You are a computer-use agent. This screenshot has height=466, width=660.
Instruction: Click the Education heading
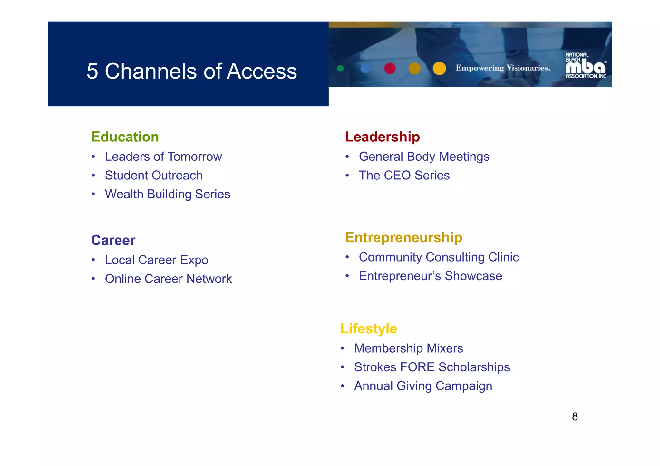[125, 137]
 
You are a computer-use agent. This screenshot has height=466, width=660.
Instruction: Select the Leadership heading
[382, 137]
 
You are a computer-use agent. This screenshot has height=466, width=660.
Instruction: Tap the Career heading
[113, 240]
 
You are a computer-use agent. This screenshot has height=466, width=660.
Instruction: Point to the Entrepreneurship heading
[403, 238]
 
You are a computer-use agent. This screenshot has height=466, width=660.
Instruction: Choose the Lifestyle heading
[369, 329]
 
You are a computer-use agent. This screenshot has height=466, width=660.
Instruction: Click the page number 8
[575, 417]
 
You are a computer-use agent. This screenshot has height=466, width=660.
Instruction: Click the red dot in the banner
[390, 68]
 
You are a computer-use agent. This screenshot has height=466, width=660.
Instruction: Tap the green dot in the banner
[340, 68]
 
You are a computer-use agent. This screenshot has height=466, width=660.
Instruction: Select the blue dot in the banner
[365, 68]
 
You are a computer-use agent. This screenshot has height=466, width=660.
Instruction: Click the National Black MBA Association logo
[586, 66]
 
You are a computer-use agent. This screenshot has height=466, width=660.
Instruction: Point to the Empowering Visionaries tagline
[503, 68]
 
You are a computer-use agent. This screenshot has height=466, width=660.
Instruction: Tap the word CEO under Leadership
[397, 176]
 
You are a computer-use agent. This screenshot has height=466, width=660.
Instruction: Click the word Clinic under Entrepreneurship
[503, 257]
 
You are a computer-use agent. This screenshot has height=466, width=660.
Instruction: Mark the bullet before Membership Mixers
[343, 348]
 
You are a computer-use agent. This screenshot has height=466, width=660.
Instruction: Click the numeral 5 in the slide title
[92, 71]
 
